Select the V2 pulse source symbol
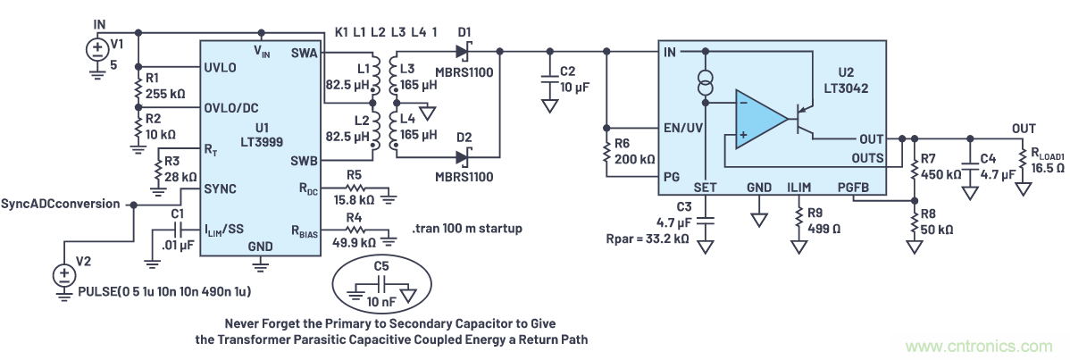click(x=63, y=275)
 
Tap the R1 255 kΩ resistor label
click(x=161, y=87)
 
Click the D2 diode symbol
click(x=464, y=157)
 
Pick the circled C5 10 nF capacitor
click(x=381, y=287)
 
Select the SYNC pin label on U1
click(x=220, y=189)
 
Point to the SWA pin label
click(x=304, y=54)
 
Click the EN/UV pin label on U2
click(x=681, y=129)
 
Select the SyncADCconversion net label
click(x=61, y=204)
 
